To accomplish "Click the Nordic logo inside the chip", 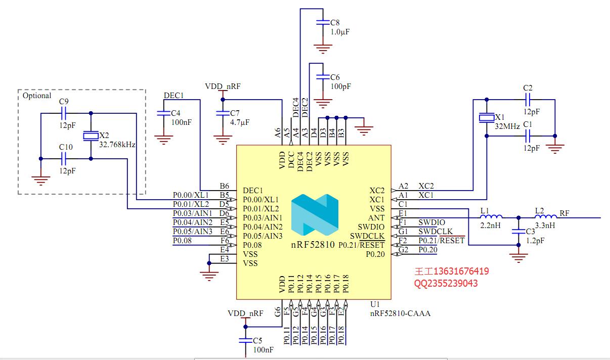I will tap(314, 215).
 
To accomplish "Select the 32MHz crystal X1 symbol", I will tap(486, 118).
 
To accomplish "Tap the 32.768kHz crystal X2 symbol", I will tap(91, 136).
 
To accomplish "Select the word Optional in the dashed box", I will tap(37, 96).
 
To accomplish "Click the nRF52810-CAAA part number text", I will tap(400, 313).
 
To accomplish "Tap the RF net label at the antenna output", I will tap(565, 213).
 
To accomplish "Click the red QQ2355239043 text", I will tap(446, 283).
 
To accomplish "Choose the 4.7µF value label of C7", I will tap(240, 122).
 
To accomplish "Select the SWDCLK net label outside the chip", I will tap(432, 231).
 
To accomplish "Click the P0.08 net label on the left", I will tap(183, 241).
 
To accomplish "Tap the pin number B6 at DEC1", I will tap(224, 186).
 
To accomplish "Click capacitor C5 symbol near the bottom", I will tap(246, 342).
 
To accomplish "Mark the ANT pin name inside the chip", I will tap(377, 218).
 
